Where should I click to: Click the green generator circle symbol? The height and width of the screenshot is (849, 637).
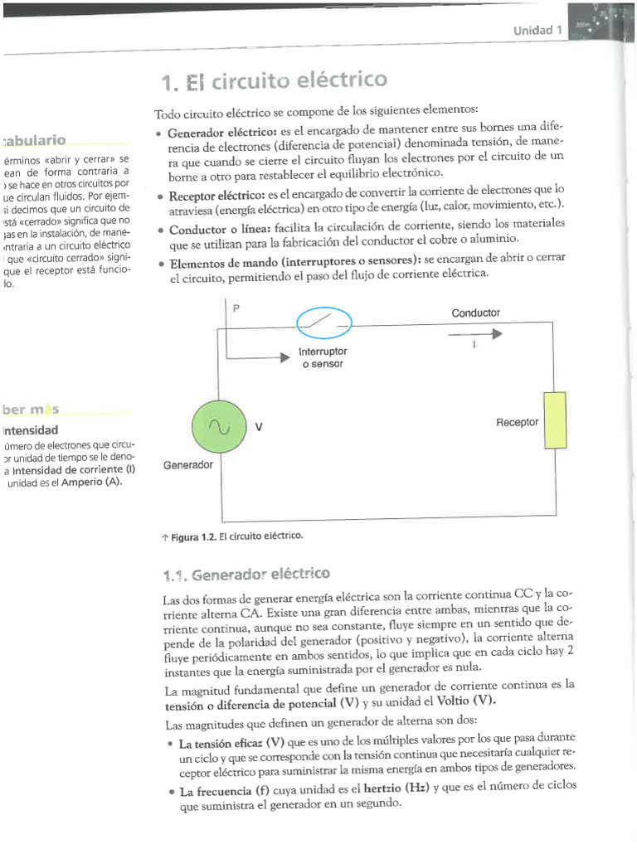tap(220, 428)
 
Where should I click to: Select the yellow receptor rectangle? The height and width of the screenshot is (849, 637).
tap(554, 421)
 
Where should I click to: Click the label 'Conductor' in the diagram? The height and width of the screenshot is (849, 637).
tap(475, 313)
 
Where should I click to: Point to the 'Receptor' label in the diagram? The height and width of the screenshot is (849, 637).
tap(517, 422)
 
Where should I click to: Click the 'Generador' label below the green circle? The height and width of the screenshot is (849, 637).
tap(188, 465)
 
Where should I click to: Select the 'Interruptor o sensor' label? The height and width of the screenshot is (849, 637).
tap(323, 358)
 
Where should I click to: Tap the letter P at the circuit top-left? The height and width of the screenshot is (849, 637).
tap(236, 308)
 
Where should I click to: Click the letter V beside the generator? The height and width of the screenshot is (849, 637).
tap(259, 428)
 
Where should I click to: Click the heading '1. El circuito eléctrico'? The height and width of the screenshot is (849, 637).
tap(275, 81)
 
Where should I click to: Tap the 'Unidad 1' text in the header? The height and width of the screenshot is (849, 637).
tap(537, 31)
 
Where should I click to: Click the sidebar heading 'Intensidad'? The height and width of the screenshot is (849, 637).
tap(32, 430)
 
